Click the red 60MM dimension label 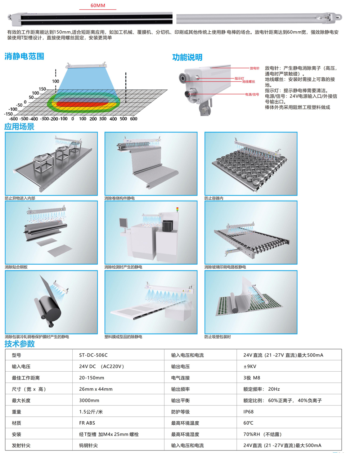click(x=98, y=5)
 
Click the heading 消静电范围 click(x=24, y=56)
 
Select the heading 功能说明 click(x=187, y=57)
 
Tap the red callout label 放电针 click(x=255, y=68)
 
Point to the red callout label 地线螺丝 click(x=248, y=81)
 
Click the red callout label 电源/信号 click(x=252, y=94)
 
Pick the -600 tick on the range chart click(x=13, y=119)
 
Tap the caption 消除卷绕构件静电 click(x=120, y=198)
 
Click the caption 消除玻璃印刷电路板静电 click(x=225, y=267)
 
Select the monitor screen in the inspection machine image click(x=123, y=223)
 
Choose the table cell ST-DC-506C click(x=93, y=355)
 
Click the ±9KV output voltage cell click(x=250, y=366)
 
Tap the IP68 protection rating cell click(x=248, y=412)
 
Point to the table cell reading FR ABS click(x=87, y=423)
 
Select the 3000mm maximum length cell click(x=89, y=400)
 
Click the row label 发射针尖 click(x=21, y=445)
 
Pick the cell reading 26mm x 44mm click(x=96, y=389)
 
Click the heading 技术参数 click(x=19, y=344)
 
